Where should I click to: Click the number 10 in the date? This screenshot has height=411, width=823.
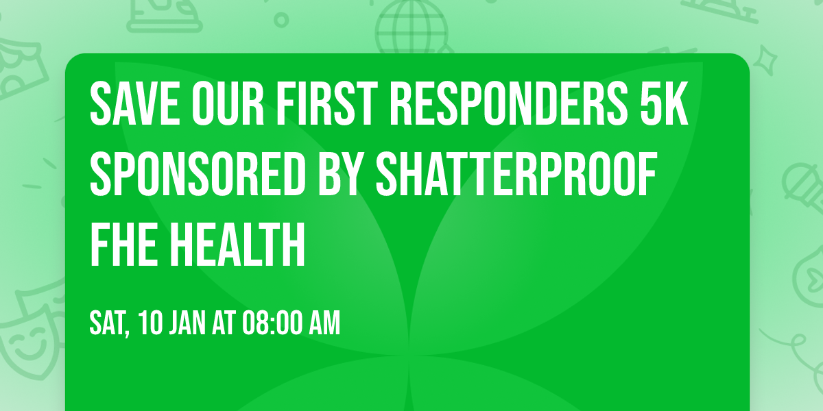tap(152, 323)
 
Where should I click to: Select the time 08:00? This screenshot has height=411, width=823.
tap(273, 323)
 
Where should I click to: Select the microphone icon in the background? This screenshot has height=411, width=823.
tap(802, 182)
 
